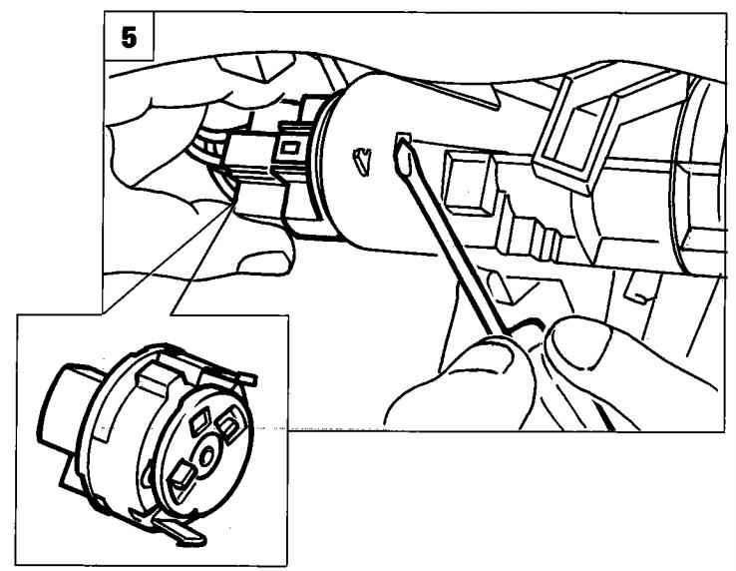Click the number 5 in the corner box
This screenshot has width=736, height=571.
[x=129, y=37]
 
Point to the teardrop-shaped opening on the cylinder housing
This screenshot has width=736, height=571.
[x=362, y=161]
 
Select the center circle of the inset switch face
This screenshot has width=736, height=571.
[x=206, y=456]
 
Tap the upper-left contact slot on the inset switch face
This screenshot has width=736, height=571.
[x=200, y=419]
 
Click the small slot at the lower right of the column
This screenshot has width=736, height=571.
[x=637, y=288]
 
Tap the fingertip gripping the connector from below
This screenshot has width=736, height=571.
[x=264, y=264]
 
